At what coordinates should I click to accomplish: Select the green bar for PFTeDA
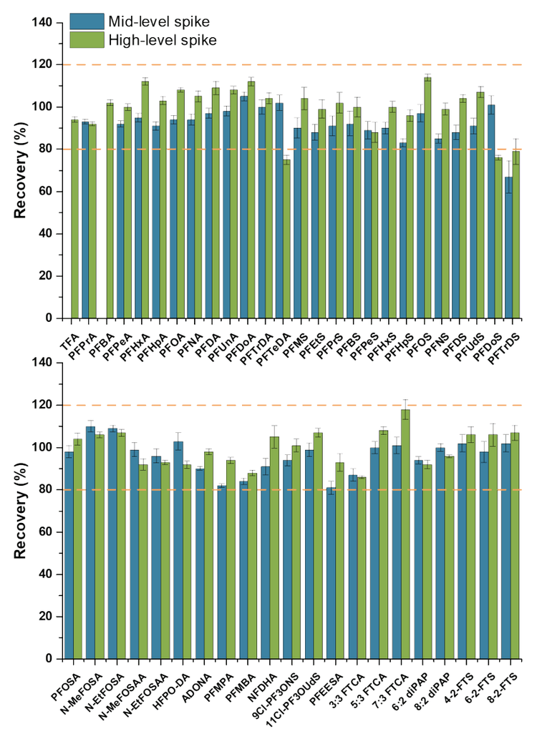[x=286, y=239]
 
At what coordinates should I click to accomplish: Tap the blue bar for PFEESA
[x=330, y=573]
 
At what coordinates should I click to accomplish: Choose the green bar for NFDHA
[x=274, y=547]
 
